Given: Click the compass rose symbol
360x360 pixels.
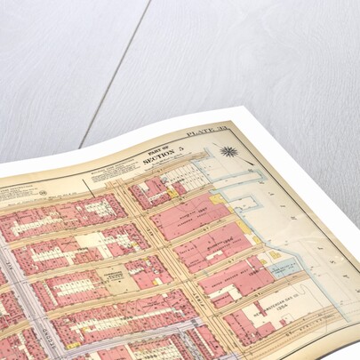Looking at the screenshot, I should [228, 152].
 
